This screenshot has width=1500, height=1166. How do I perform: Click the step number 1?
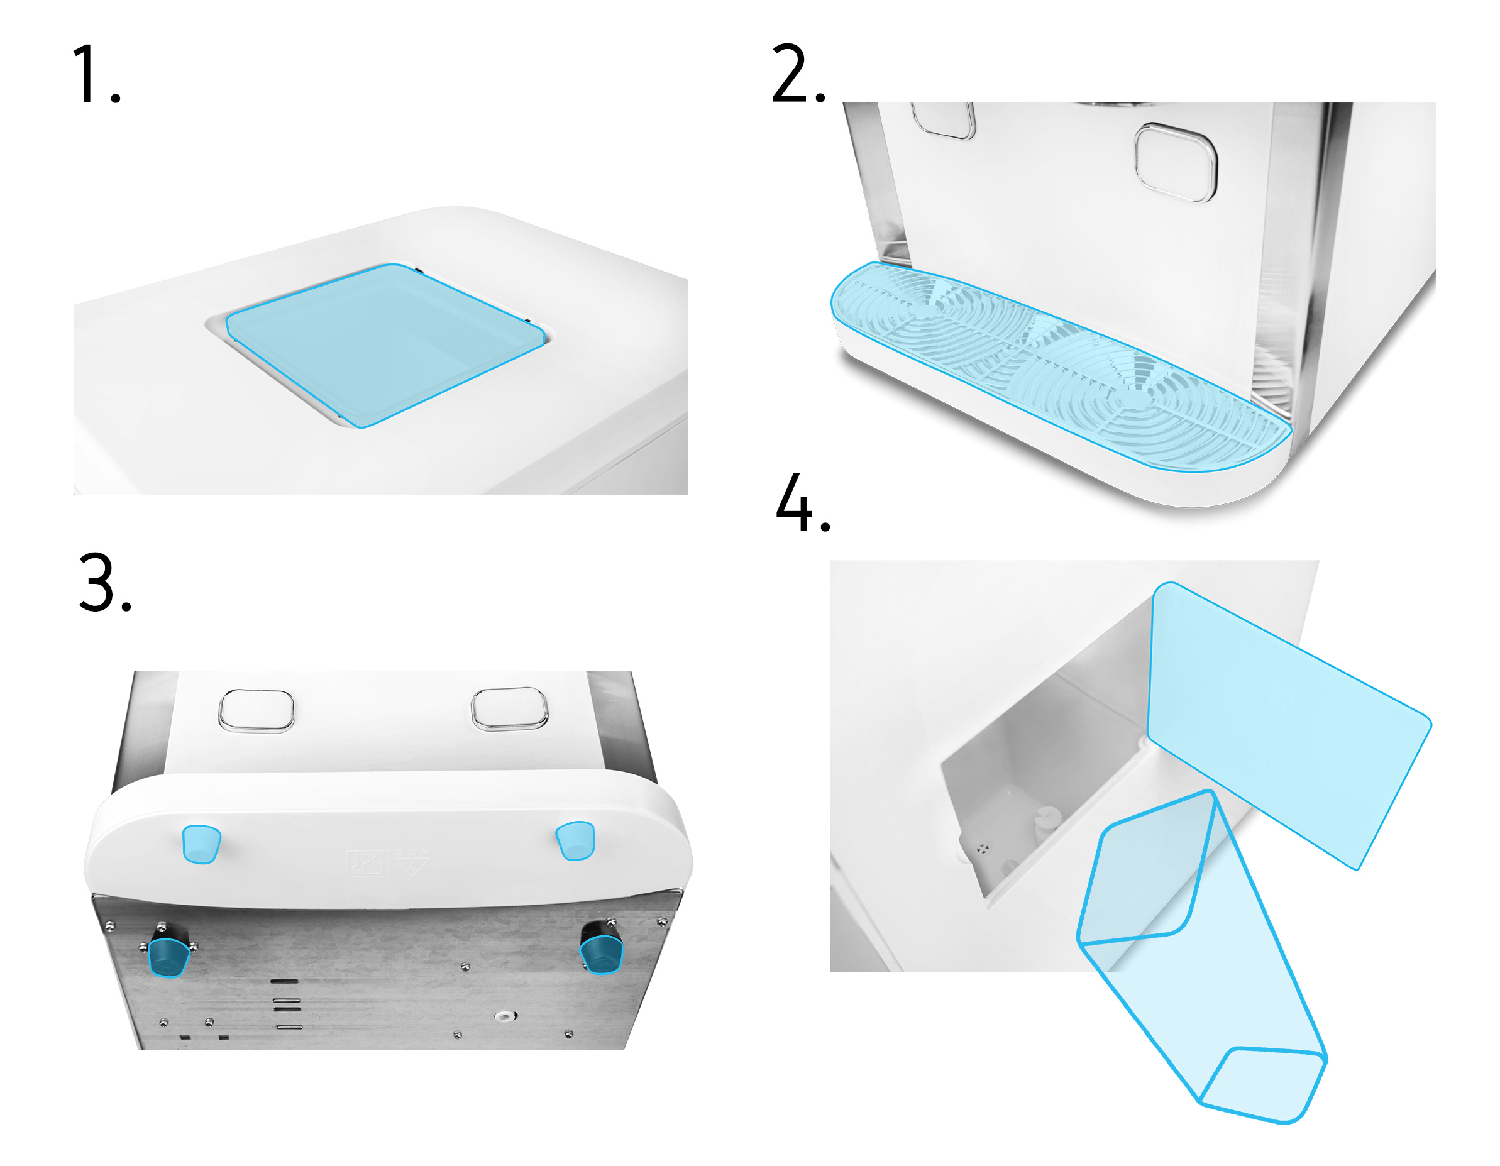pyautogui.click(x=96, y=74)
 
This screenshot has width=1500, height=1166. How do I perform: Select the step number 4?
pyautogui.click(x=803, y=502)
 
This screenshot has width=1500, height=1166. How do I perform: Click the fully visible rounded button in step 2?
pyautogui.click(x=1175, y=163)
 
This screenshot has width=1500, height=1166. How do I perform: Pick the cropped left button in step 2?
pyautogui.click(x=944, y=120)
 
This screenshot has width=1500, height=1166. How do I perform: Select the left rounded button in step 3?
pyautogui.click(x=256, y=711)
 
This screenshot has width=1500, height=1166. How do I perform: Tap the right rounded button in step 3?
pyautogui.click(x=510, y=708)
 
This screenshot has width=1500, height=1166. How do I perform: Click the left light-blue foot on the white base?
pyautogui.click(x=201, y=844)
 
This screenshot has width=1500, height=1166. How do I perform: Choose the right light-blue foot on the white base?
pyautogui.click(x=575, y=840)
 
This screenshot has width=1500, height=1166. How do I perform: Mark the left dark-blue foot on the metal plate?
pyautogui.click(x=168, y=957)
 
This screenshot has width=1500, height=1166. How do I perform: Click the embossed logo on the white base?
pyautogui.click(x=389, y=862)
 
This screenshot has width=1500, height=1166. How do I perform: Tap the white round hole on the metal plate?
pyautogui.click(x=505, y=1016)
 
